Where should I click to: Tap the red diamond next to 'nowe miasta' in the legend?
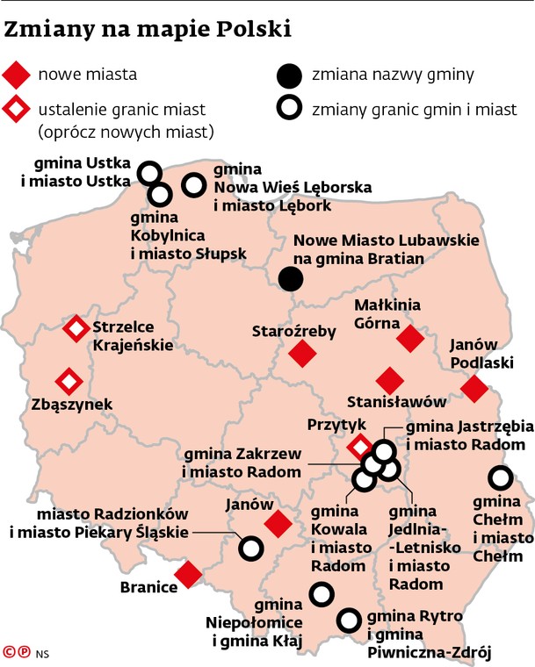[x=16, y=75]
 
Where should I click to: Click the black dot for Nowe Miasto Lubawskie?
[x=290, y=279]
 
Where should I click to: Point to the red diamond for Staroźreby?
[x=302, y=354]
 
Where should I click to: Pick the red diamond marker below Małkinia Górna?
[x=410, y=339]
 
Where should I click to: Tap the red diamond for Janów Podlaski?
[x=474, y=388]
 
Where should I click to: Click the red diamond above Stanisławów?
[x=389, y=381]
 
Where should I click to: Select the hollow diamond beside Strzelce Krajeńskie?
[x=76, y=329]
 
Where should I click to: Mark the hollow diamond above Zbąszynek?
[x=68, y=382]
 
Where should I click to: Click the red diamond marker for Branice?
[x=188, y=576]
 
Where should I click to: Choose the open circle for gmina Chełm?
[x=500, y=479]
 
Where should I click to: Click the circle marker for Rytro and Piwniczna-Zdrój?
[x=350, y=620]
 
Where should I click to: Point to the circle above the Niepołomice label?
[x=322, y=594]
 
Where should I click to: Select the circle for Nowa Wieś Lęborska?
[x=193, y=185]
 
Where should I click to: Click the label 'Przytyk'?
[x=336, y=424]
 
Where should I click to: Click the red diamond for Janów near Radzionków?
[x=278, y=524]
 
